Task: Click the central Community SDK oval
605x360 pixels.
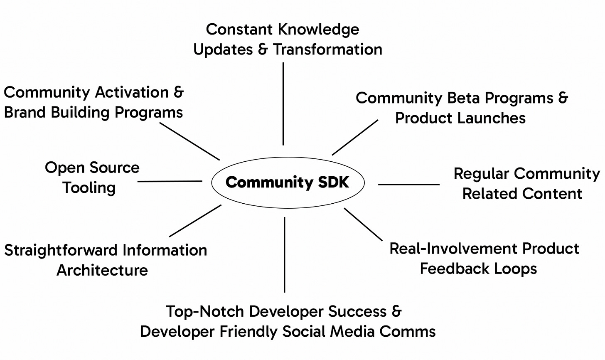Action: (288, 182)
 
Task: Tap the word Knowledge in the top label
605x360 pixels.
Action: (318, 30)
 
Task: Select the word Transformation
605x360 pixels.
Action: (327, 49)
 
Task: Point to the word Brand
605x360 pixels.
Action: (25, 112)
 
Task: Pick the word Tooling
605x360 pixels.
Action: (89, 187)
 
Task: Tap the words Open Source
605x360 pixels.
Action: (92, 168)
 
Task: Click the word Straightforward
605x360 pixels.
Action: (61, 250)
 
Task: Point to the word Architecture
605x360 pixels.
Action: (102, 270)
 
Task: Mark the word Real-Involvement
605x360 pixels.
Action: (454, 249)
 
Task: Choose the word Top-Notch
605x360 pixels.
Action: (204, 311)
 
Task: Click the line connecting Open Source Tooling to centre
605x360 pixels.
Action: (170, 181)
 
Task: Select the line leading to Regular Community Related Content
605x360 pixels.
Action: (408, 184)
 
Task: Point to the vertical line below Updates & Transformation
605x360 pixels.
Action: (283, 104)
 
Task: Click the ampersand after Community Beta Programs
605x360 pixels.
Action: (563, 98)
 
